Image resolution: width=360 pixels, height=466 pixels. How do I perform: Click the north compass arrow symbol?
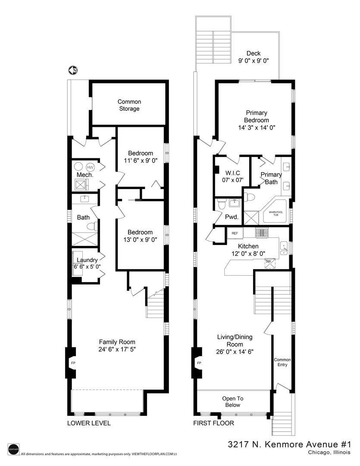tap(73, 70)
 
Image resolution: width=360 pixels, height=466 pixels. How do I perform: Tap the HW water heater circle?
tap(90, 167)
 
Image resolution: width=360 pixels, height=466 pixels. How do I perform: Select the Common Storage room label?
tap(129, 105)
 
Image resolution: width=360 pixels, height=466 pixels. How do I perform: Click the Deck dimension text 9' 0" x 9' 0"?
tap(254, 61)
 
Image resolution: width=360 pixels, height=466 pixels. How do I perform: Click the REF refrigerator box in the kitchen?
tap(235, 233)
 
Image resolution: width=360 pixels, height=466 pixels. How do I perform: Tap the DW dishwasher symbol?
tap(268, 261)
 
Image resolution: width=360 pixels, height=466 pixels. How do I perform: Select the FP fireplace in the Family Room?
tap(72, 363)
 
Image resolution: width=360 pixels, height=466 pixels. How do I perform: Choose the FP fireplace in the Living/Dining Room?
tap(198, 363)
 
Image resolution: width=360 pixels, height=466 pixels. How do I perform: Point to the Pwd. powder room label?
tap(232, 217)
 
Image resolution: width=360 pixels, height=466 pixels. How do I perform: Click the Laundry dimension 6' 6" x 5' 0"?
tap(88, 267)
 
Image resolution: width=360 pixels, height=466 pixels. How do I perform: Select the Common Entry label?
tap(282, 362)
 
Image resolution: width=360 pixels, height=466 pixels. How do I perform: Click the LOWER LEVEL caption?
tap(89, 423)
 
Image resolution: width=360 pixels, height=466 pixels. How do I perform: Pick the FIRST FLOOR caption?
tap(213, 423)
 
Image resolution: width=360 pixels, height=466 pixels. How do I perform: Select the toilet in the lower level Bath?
tap(92, 226)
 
